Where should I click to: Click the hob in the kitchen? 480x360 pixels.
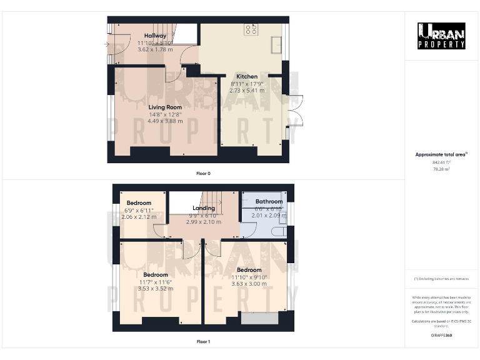click(x=251, y=28)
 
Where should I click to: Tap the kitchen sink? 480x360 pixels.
click(x=276, y=45)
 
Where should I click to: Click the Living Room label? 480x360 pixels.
click(x=165, y=107)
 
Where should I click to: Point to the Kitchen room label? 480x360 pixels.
click(x=247, y=77)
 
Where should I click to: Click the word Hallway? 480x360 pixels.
click(x=155, y=36)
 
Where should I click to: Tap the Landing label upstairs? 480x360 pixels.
click(x=204, y=208)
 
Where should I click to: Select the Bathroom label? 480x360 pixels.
click(x=269, y=202)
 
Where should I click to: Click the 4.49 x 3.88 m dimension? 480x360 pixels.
click(x=165, y=121)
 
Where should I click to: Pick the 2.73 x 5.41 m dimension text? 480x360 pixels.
click(x=247, y=91)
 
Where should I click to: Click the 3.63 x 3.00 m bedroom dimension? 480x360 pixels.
click(x=249, y=284)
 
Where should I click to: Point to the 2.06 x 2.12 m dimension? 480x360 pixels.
click(x=139, y=217)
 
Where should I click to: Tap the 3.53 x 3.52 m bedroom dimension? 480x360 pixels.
click(x=155, y=289)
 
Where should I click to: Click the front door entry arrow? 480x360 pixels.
click(x=107, y=44)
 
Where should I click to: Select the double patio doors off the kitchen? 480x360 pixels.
click(x=294, y=111)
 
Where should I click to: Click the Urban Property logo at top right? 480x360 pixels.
click(x=441, y=36)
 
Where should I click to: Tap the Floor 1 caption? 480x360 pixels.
click(x=203, y=342)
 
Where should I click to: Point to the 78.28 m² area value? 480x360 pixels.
click(x=441, y=169)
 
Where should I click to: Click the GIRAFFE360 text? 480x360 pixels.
click(x=441, y=336)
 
